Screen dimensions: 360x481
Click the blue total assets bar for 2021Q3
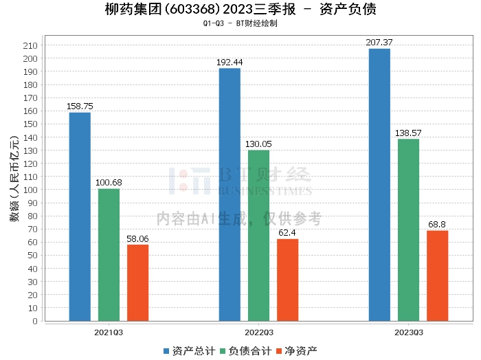[x=80, y=216]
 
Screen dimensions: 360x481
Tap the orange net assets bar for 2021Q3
[x=137, y=282]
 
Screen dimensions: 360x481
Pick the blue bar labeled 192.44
[x=230, y=194]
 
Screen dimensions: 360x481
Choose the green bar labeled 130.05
[x=258, y=235]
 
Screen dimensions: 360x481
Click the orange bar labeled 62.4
[x=287, y=280]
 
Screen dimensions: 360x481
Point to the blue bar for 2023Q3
[x=379, y=184]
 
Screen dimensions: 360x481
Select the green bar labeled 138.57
[x=408, y=229]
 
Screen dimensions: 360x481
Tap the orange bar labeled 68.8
[x=437, y=275]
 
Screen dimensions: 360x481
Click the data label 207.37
[x=379, y=43]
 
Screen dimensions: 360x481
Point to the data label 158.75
[x=80, y=106]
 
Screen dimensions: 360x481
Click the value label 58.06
[x=137, y=238]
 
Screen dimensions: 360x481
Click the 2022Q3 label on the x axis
[x=258, y=333]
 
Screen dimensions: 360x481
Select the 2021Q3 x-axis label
[x=109, y=333]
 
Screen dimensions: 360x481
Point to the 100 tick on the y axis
[x=30, y=190]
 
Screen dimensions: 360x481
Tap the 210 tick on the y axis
[x=30, y=45]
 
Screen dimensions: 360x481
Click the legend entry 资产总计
[x=188, y=350]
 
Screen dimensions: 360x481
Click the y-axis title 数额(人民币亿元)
[x=14, y=183]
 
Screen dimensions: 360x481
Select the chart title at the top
[x=240, y=10]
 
